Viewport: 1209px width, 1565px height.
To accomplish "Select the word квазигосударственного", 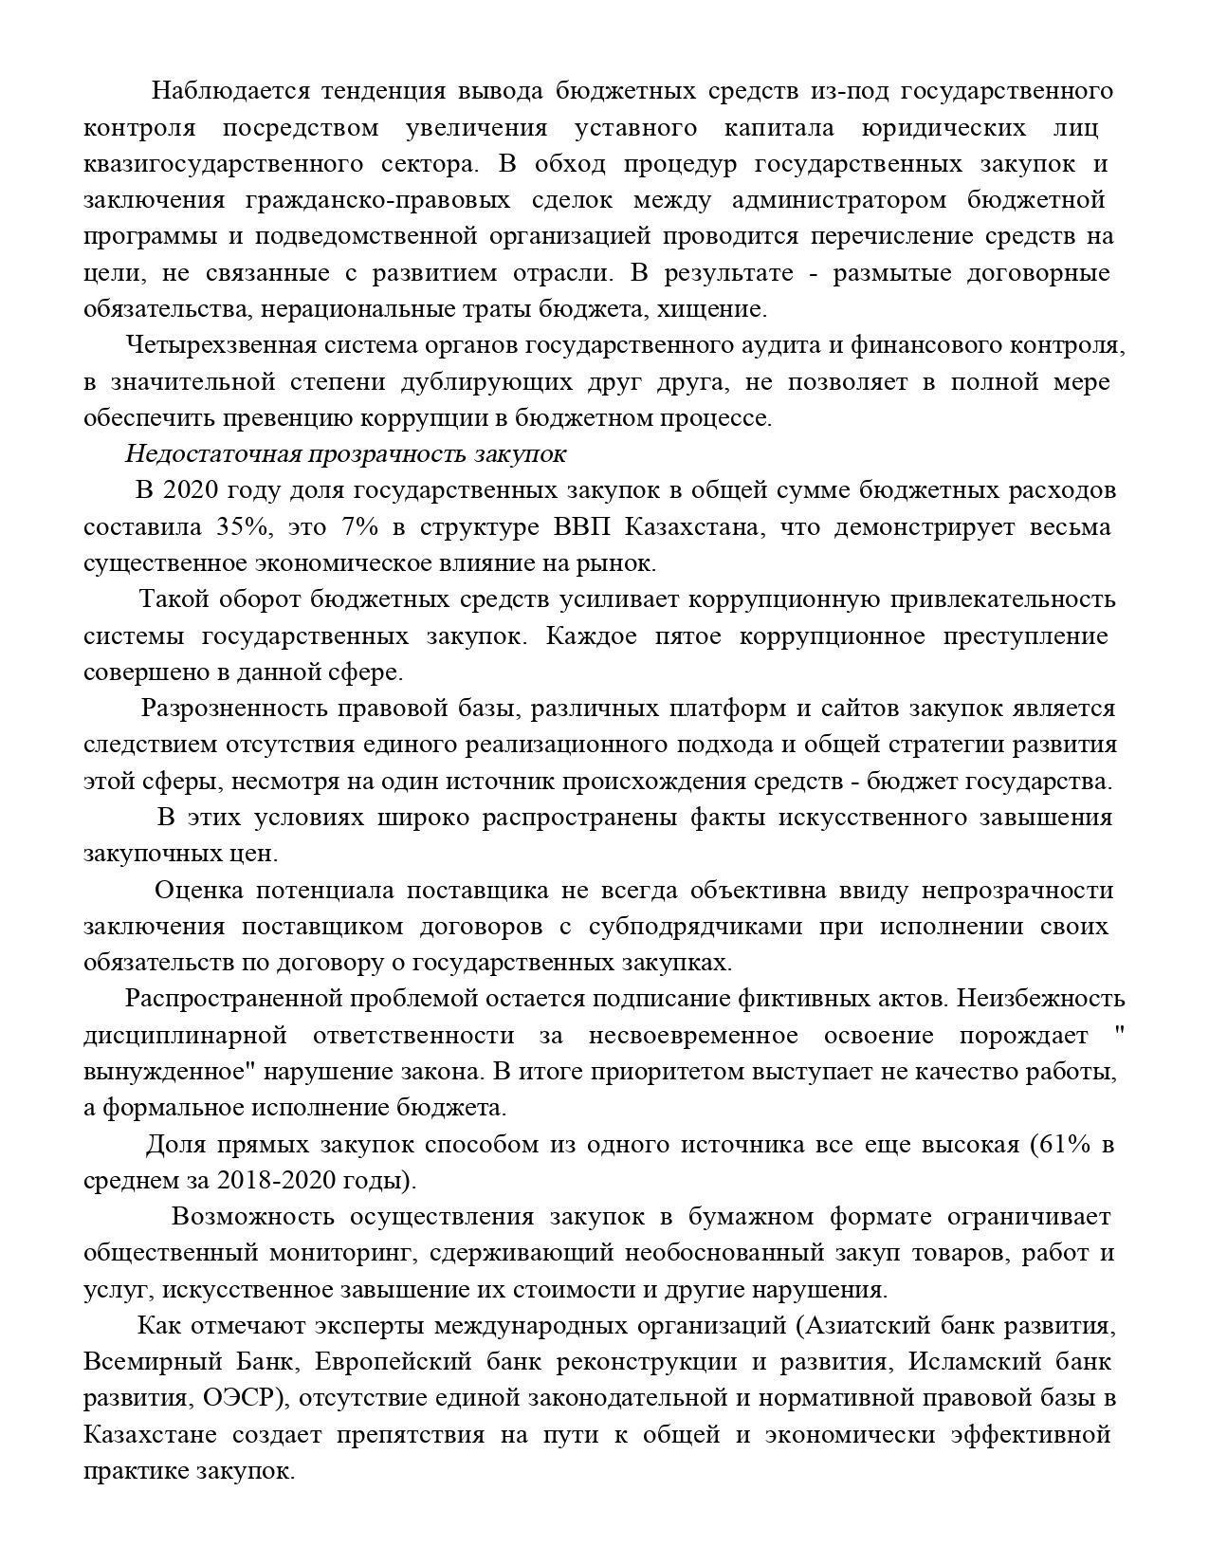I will (223, 164).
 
